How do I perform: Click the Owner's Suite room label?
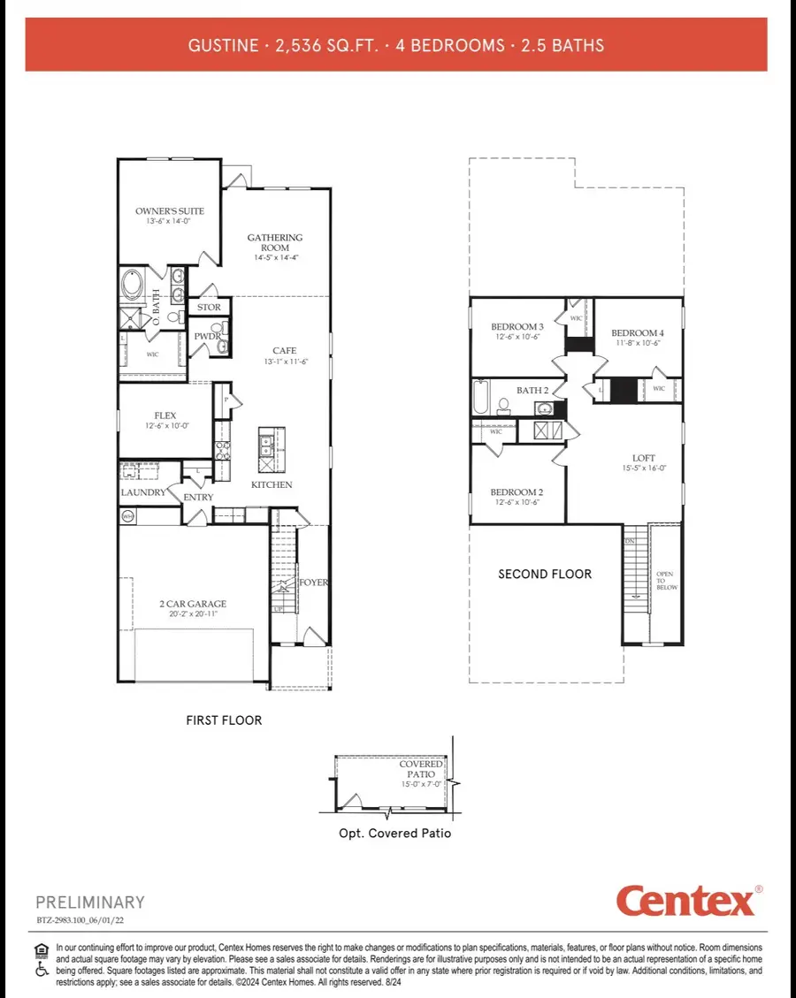pyautogui.click(x=170, y=211)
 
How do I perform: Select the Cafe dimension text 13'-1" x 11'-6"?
pyautogui.click(x=284, y=362)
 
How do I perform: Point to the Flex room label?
pyautogui.click(x=165, y=415)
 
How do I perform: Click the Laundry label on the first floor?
pyautogui.click(x=143, y=492)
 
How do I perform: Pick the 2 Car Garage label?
pyautogui.click(x=193, y=604)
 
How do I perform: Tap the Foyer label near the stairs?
pyautogui.click(x=313, y=583)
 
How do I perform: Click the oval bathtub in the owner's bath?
pyautogui.click(x=136, y=286)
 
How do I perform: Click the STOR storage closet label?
pyautogui.click(x=209, y=308)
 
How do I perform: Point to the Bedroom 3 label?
pyautogui.click(x=517, y=327)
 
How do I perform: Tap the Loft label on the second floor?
pyautogui.click(x=644, y=458)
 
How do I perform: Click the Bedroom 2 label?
pyautogui.click(x=517, y=492)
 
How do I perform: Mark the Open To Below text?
pyautogui.click(x=664, y=581)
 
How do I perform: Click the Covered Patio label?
pyautogui.click(x=421, y=769)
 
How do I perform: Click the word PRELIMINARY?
pyautogui.click(x=90, y=903)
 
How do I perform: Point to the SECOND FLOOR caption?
pyautogui.click(x=545, y=574)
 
